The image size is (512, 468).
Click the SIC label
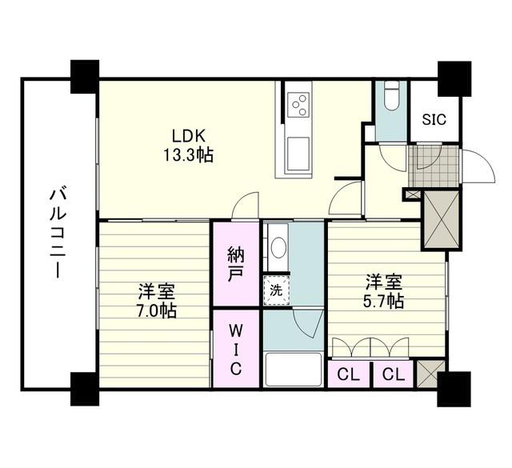[434, 119]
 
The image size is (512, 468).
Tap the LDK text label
[189, 136]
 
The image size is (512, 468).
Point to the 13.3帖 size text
[188, 155]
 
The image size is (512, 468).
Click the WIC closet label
[236, 350]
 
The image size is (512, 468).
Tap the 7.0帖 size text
[157, 310]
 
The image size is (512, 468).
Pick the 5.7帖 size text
[384, 302]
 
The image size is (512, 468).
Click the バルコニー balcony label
[58, 234]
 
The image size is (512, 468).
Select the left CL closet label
[349, 375]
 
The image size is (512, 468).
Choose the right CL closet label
[394, 375]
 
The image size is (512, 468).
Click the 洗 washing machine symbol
[277, 290]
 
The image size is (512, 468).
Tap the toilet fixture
[391, 96]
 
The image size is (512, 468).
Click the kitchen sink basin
[298, 155]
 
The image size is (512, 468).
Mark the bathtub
[294, 370]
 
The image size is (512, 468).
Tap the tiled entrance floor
[434, 166]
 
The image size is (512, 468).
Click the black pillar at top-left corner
[85, 77]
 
